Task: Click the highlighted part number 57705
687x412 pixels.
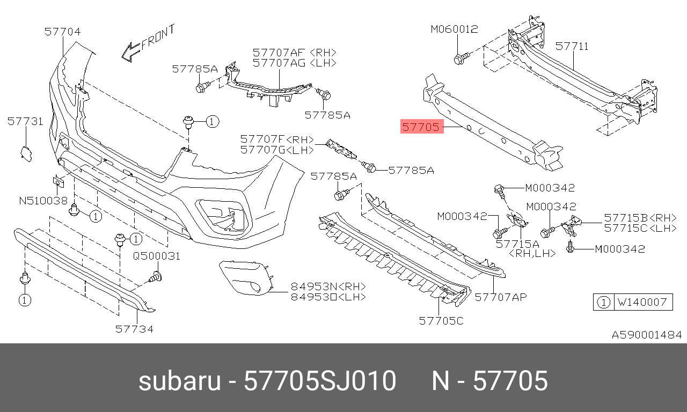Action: pyautogui.click(x=422, y=128)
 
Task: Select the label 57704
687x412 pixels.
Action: pyautogui.click(x=62, y=32)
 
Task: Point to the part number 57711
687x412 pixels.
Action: pyautogui.click(x=572, y=47)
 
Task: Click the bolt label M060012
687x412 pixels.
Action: pyautogui.click(x=454, y=30)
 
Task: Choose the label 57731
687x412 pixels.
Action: pyautogui.click(x=25, y=122)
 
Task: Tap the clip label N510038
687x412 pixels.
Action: pyautogui.click(x=43, y=201)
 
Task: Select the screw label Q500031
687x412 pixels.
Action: pyautogui.click(x=157, y=256)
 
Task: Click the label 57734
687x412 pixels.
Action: pyautogui.click(x=134, y=329)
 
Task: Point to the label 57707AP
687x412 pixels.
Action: pyautogui.click(x=501, y=296)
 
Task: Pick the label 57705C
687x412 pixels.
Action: pyautogui.click(x=441, y=321)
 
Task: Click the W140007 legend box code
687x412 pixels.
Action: pyautogui.click(x=642, y=303)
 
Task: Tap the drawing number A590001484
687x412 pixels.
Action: pyautogui.click(x=647, y=335)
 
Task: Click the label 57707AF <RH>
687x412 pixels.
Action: pyautogui.click(x=295, y=53)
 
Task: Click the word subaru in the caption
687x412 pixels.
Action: pyautogui.click(x=179, y=381)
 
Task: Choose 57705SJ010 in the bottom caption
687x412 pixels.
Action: pyautogui.click(x=320, y=381)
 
